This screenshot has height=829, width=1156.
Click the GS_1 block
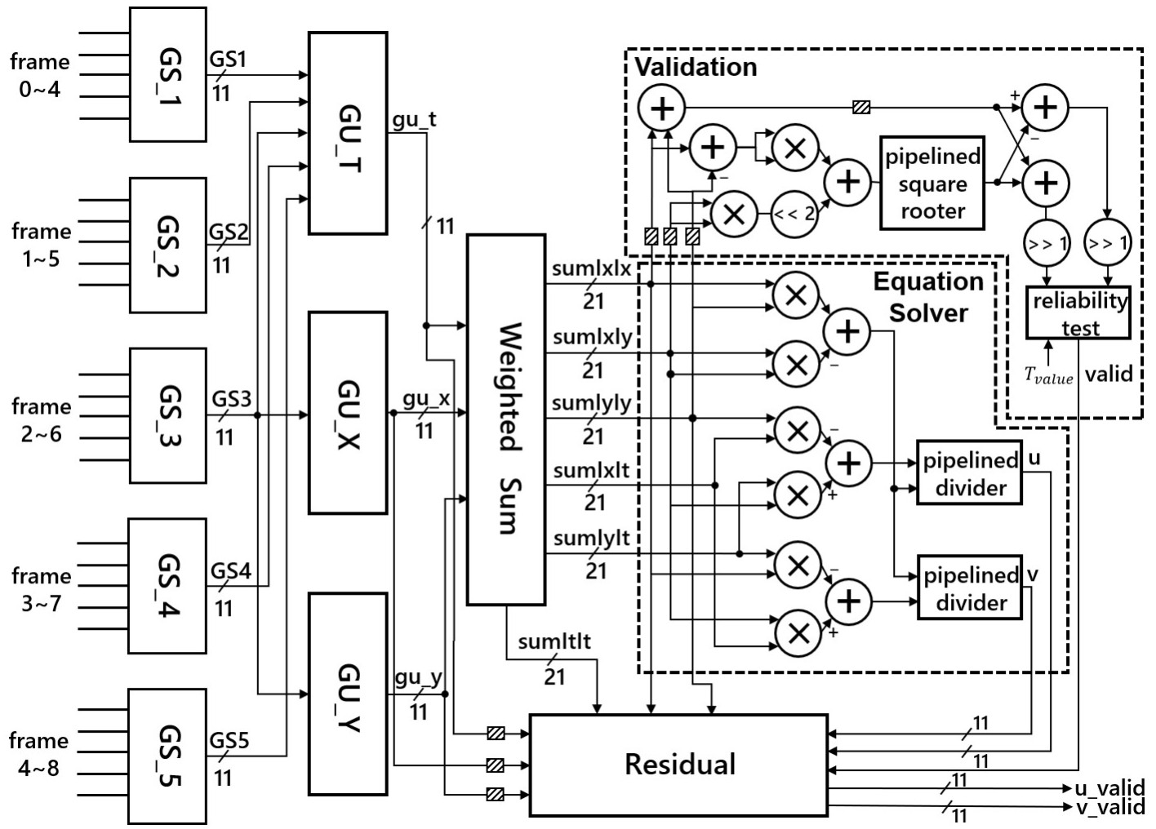tap(167, 74)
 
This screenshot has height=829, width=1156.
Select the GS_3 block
tap(167, 415)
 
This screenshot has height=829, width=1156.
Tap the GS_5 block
tap(167, 756)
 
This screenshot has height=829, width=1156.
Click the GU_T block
tap(348, 132)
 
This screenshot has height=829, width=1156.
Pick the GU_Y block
tap(348, 694)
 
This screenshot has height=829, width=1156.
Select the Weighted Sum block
tap(506, 419)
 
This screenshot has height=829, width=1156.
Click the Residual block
tap(678, 765)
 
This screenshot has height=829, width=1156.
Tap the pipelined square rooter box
tap(932, 183)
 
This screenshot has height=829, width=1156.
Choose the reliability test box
tap(1078, 313)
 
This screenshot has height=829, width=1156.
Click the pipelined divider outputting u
tap(969, 474)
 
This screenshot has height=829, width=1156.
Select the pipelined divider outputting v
tap(969, 589)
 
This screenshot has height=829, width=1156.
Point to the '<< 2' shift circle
tap(794, 215)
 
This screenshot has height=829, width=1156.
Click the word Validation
tap(696, 67)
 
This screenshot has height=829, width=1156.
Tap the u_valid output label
tap(1109, 788)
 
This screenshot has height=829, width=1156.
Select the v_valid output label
tap(1109, 807)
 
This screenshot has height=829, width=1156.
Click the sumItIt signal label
tap(554, 642)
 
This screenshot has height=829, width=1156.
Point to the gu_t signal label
tap(414, 120)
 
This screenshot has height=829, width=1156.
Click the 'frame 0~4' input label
tap(39, 75)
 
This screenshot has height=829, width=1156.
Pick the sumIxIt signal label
tap(591, 472)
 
